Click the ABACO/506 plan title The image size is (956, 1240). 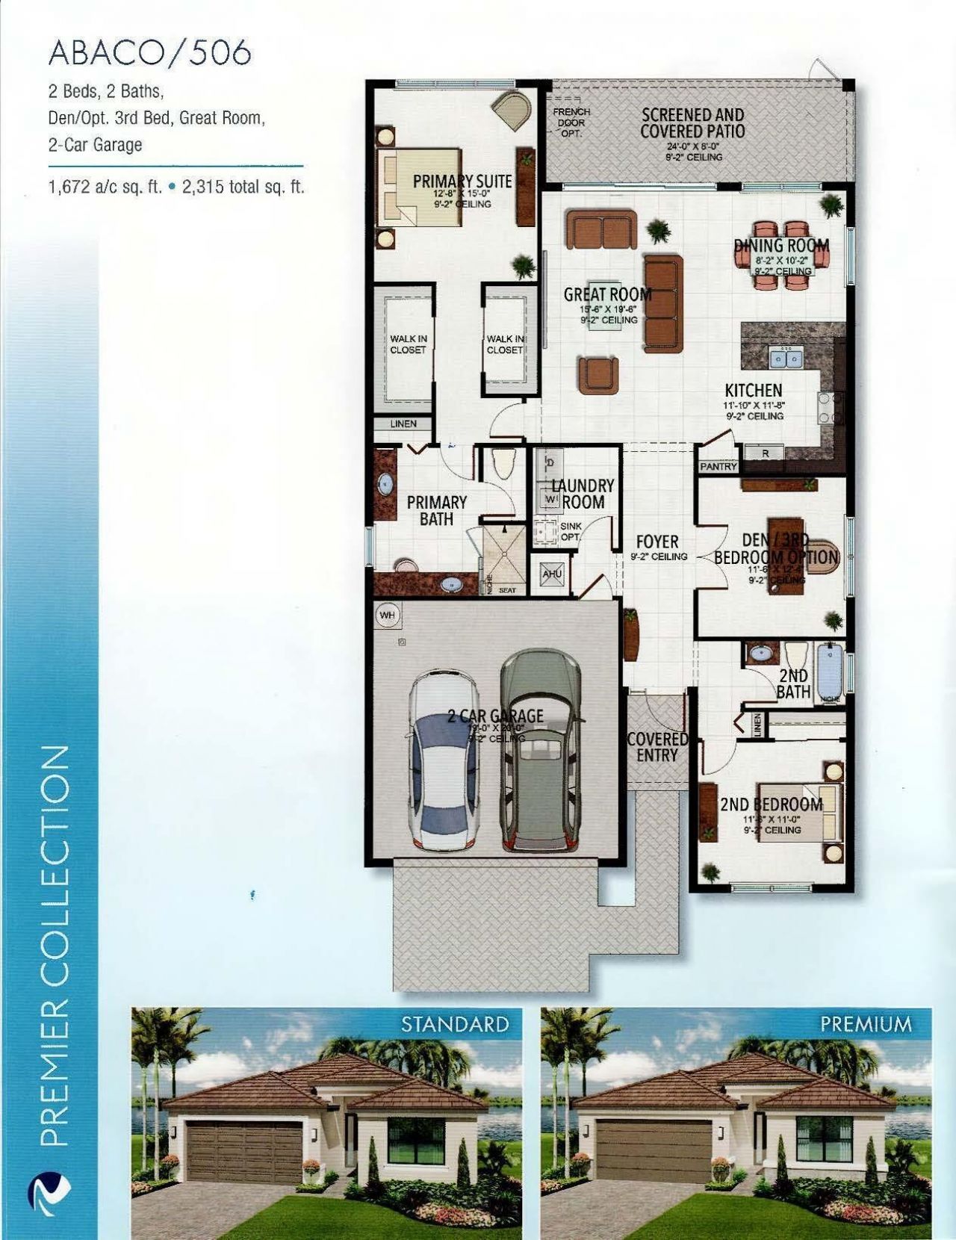coord(149,53)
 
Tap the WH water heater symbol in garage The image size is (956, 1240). coord(387,616)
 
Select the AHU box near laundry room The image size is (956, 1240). coord(553,574)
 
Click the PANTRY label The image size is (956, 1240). coord(718,466)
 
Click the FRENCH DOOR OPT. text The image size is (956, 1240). coord(571,123)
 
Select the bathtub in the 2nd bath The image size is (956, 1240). coord(830,670)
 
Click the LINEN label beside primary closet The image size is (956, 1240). coord(403,424)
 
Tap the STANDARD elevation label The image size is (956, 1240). coord(455,1023)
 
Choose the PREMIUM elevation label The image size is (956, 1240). coord(865,1023)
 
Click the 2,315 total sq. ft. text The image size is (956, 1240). coord(243,187)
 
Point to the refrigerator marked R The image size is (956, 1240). coord(766,453)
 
